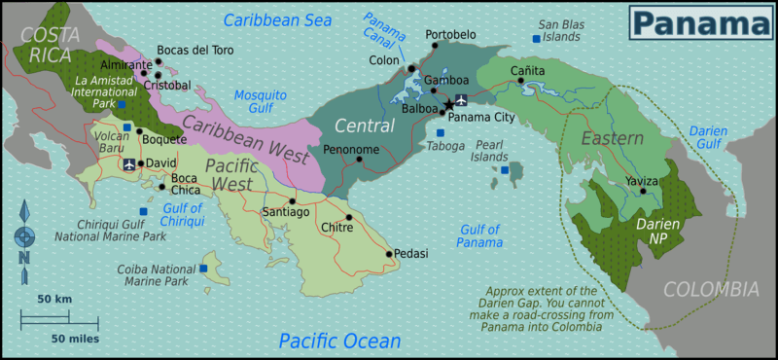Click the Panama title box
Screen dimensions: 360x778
click(x=699, y=22)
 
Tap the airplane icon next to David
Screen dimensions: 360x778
click(x=129, y=163)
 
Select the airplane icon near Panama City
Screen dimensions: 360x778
click(x=461, y=99)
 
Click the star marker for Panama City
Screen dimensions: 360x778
click(x=447, y=103)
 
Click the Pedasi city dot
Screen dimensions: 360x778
click(x=389, y=254)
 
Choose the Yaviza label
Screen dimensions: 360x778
click(x=642, y=180)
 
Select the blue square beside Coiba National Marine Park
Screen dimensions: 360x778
click(x=204, y=268)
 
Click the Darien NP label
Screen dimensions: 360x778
click(x=658, y=232)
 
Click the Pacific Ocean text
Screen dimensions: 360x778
click(x=339, y=341)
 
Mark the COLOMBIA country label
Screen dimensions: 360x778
click(x=710, y=289)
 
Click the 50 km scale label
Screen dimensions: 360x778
click(x=55, y=299)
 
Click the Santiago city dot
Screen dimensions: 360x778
click(x=292, y=201)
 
